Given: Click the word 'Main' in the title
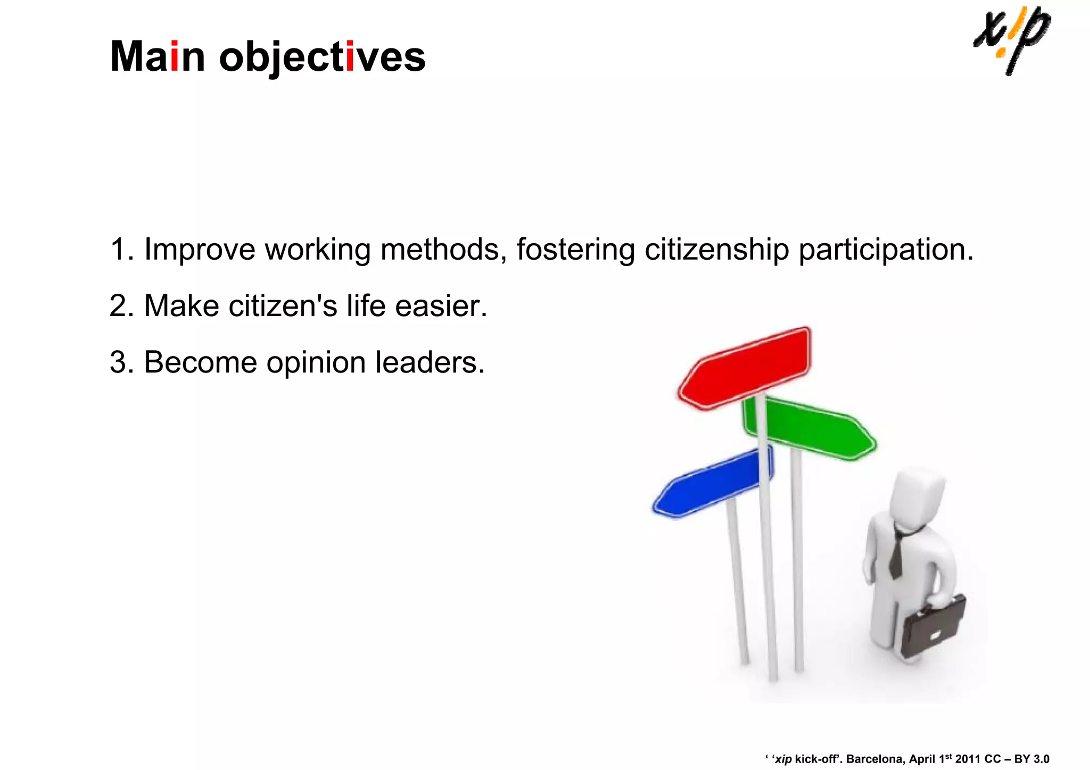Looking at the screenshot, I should click(x=158, y=56).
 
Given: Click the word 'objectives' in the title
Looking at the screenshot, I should click(x=322, y=57).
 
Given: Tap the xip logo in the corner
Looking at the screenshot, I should click(x=1011, y=40).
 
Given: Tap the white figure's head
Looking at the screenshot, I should click(x=916, y=498).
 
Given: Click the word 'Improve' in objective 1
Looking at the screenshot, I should click(x=200, y=249).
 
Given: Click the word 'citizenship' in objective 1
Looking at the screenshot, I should click(x=716, y=249).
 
